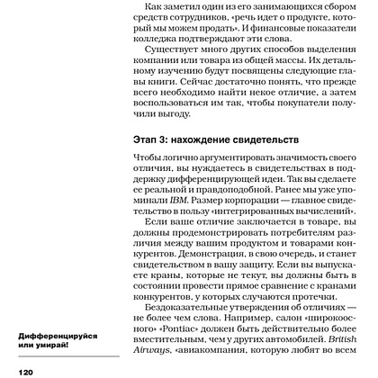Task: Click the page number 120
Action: point(19,370)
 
